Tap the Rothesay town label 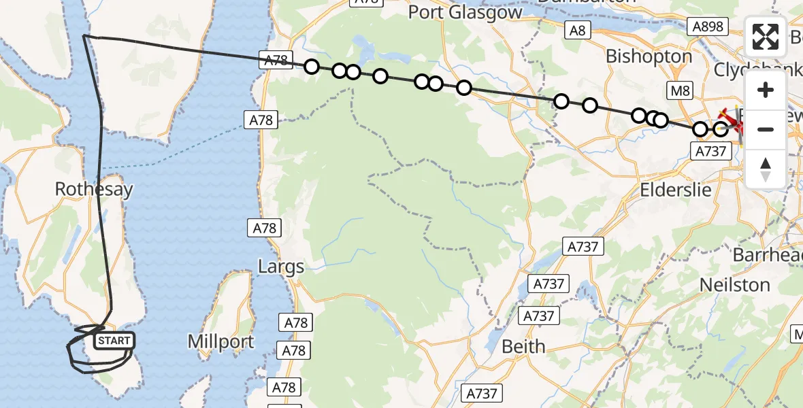pos(94,189)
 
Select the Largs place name pos(281,267)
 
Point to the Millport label pos(221,341)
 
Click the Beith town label pos(523,346)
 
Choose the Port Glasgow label pos(465,12)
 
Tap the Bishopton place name pos(649,56)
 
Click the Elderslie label pos(676,189)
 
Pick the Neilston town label pos(735,284)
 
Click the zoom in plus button pos(766,90)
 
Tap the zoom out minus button pos(766,129)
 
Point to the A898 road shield pos(708,27)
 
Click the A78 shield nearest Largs pos(265,228)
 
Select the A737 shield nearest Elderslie pos(712,152)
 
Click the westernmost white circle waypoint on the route pos(312,67)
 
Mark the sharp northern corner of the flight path pos(84,35)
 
